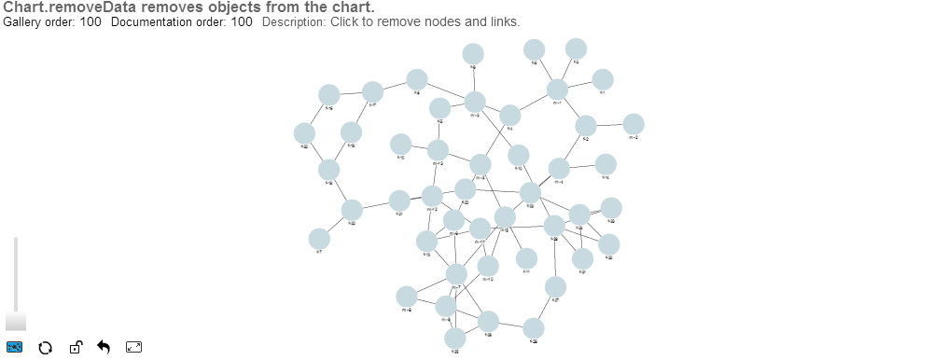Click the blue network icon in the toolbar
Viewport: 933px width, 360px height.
pyautogui.click(x=15, y=348)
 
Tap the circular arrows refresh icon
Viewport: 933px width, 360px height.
pyautogui.click(x=44, y=348)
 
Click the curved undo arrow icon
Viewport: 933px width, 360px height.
pyautogui.click(x=104, y=348)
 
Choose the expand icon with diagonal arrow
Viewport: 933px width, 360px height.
pyautogui.click(x=134, y=348)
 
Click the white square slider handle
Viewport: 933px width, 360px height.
pyautogui.click(x=16, y=321)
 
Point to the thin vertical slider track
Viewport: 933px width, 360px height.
pyautogui.click(x=16, y=270)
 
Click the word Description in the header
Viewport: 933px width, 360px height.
pyautogui.click(x=293, y=21)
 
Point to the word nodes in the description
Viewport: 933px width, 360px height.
pyautogui.click(x=446, y=21)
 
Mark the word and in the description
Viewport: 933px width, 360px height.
pyautogui.click(x=477, y=21)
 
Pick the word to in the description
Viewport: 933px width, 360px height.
pyautogui.click(x=369, y=21)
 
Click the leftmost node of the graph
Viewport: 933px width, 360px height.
pyautogui.click(x=304, y=133)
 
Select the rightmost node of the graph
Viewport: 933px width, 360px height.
pyautogui.click(x=634, y=124)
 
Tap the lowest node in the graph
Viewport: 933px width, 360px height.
pyautogui.click(x=454, y=338)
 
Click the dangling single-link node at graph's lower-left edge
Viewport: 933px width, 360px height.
pyautogui.click(x=319, y=238)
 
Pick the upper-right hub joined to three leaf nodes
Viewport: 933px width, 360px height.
pyautogui.click(x=557, y=90)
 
